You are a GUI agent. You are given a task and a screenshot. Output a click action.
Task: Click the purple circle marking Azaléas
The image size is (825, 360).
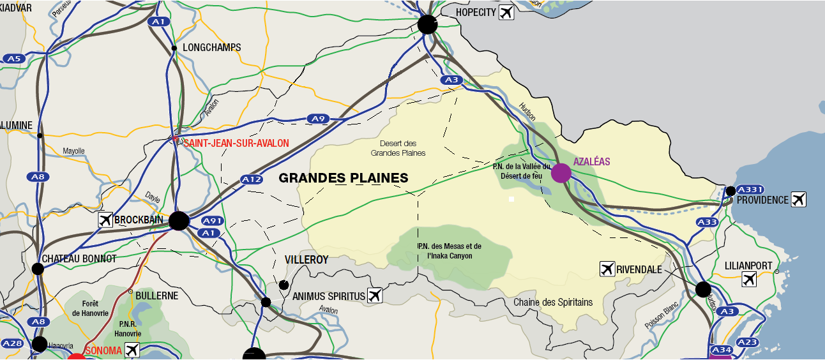click(x=561, y=173)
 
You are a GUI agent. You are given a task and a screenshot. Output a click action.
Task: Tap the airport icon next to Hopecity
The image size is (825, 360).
click(x=506, y=12)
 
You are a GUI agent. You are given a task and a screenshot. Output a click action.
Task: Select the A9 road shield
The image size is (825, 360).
click(x=317, y=119)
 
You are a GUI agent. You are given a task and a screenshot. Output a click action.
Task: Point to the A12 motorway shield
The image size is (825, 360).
click(x=252, y=180)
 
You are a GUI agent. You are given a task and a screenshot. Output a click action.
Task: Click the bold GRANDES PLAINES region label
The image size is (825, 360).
click(x=344, y=178)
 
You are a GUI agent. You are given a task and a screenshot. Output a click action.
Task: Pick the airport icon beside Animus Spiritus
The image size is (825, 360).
click(x=375, y=295)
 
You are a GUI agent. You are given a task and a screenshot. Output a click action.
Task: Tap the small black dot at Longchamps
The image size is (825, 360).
click(x=174, y=48)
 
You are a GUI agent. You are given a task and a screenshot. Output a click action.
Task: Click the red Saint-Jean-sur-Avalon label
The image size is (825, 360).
click(x=236, y=144)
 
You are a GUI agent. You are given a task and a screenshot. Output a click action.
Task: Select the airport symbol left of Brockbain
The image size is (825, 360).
click(x=106, y=220)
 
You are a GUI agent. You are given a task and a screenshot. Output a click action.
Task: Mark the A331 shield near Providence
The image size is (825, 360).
click(x=750, y=190)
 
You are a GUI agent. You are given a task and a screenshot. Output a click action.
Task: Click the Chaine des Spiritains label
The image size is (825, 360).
click(x=553, y=302)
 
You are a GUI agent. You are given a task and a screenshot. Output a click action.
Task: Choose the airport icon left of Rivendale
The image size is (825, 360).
click(x=607, y=269)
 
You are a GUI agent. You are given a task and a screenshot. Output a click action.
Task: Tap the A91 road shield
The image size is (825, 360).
click(x=212, y=221)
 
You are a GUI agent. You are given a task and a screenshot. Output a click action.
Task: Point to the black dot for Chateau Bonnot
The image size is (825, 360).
click(x=38, y=269)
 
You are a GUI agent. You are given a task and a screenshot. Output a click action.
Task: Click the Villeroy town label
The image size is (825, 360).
click(x=307, y=260)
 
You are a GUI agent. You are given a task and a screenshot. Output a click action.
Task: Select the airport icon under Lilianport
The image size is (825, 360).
click(x=749, y=279)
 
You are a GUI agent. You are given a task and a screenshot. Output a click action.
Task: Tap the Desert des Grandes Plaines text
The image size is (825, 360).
click(x=398, y=148)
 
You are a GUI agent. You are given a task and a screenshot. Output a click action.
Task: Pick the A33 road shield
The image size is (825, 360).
click(x=708, y=222)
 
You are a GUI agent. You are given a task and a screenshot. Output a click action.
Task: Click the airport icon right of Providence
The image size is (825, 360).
click(x=798, y=200)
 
